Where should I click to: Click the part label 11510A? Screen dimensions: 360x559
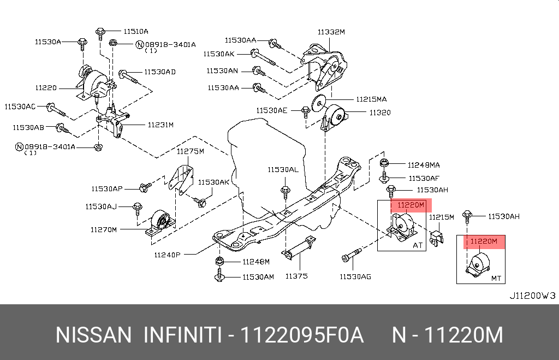click(135, 31)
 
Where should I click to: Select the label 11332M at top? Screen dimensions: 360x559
click(331, 32)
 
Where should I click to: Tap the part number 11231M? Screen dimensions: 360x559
click(160, 125)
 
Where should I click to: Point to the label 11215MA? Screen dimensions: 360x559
click(371, 99)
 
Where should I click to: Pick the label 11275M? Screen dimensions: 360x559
click(189, 151)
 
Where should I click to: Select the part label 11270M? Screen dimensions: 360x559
click(104, 230)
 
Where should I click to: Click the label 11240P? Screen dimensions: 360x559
click(166, 255)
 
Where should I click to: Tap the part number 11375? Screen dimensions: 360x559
click(296, 276)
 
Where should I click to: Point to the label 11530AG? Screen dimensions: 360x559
click(355, 277)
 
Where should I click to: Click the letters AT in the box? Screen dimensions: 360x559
click(418, 246)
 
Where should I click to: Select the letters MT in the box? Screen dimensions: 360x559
click(496, 279)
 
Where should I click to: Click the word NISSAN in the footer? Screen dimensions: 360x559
click(93, 335)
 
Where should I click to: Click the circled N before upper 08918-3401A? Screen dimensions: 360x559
click(140, 44)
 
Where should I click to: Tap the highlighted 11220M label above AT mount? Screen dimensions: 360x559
click(411, 205)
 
